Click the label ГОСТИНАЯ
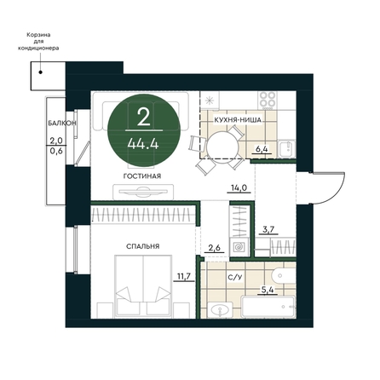click(x=142, y=176)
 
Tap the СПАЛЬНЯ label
click(x=142, y=246)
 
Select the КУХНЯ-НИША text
click(x=238, y=120)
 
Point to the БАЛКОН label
click(x=61, y=123)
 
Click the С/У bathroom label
click(x=235, y=277)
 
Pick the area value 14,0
click(x=239, y=187)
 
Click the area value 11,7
click(x=184, y=276)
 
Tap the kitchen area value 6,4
click(x=262, y=148)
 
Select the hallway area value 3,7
click(x=268, y=229)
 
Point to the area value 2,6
click(x=214, y=248)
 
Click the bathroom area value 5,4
click(x=268, y=290)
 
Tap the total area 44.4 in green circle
click(x=143, y=144)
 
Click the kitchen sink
click(x=287, y=148)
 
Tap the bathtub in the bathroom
click(x=268, y=307)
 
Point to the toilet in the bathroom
click(x=284, y=276)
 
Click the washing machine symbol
click(x=239, y=247)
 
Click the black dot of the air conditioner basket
click(x=41, y=72)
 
